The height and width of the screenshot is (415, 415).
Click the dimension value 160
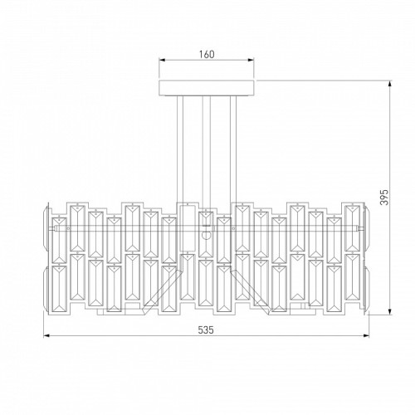[207, 55]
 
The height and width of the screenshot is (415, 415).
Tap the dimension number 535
[206, 330]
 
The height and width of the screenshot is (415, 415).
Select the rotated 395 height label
[384, 198]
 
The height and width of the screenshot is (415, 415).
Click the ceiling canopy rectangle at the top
[207, 88]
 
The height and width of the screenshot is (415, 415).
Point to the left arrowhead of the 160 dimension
[162, 60]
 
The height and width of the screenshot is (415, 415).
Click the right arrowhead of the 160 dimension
[251, 60]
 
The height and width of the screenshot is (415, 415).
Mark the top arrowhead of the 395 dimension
[390, 84]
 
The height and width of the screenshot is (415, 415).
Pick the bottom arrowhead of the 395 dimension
[390, 312]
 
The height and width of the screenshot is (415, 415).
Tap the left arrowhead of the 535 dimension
[46, 336]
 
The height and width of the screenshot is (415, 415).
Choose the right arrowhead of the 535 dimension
[366, 336]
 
